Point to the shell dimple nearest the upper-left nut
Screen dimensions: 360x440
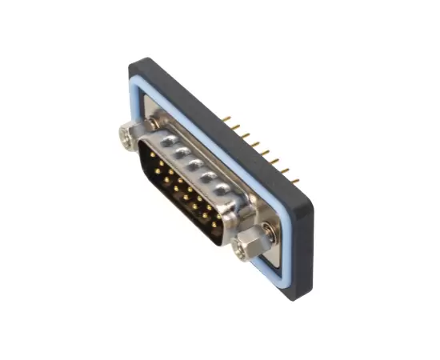(x=166, y=141)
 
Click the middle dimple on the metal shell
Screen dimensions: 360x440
(x=194, y=164)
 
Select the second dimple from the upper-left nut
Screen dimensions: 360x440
(x=181, y=152)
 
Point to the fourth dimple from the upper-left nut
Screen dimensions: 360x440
(x=209, y=178)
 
